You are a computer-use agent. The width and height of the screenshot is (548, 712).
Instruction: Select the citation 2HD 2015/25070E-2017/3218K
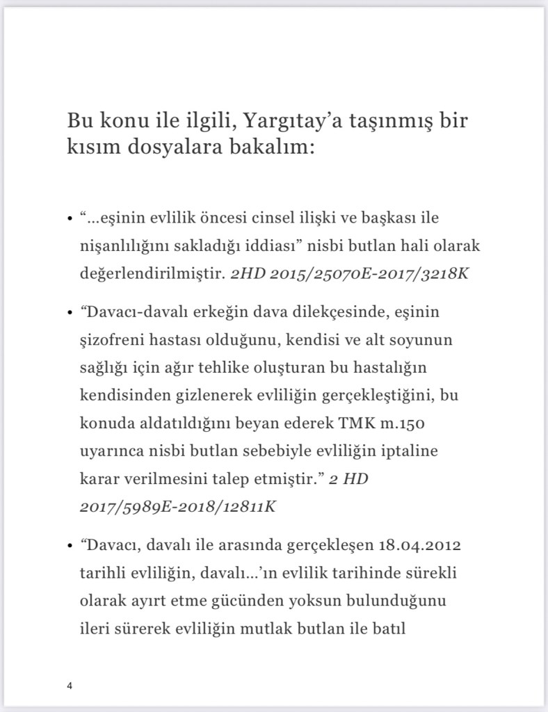pyautogui.click(x=350, y=272)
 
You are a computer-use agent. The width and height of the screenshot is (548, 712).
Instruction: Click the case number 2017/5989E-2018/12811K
pyautogui.click(x=178, y=505)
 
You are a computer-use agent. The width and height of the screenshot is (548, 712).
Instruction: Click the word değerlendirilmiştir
pyautogui.click(x=152, y=272)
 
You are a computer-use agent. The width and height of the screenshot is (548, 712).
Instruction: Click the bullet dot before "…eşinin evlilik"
pyautogui.click(x=70, y=220)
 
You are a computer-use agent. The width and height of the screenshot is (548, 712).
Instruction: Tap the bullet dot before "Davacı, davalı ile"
pyautogui.click(x=70, y=544)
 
